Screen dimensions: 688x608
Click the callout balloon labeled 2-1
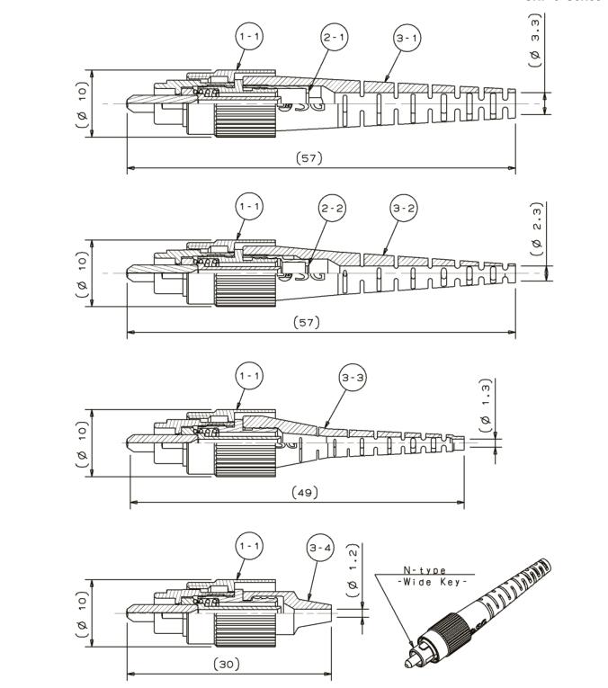coord(335,37)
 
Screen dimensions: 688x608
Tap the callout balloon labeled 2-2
coord(332,208)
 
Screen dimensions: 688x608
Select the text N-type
coord(425,570)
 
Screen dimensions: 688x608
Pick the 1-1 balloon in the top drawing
coord(249,37)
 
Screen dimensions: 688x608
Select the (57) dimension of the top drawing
coord(309,158)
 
